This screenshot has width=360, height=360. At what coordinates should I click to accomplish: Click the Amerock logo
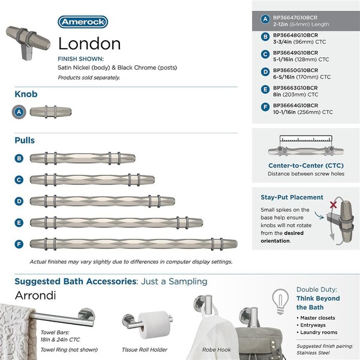coord(83,23)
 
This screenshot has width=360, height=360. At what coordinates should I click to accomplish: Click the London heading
coord(89,44)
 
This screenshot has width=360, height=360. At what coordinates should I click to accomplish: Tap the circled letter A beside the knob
coord(20,111)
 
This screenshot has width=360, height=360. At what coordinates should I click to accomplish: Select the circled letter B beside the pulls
coord(20,159)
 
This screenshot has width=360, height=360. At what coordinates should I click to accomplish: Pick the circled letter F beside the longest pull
coord(20,244)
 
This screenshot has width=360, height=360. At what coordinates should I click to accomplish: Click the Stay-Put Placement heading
coord(292,197)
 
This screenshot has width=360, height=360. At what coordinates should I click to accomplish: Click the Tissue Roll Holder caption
coord(144,349)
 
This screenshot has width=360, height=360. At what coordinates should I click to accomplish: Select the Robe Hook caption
coord(216,349)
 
